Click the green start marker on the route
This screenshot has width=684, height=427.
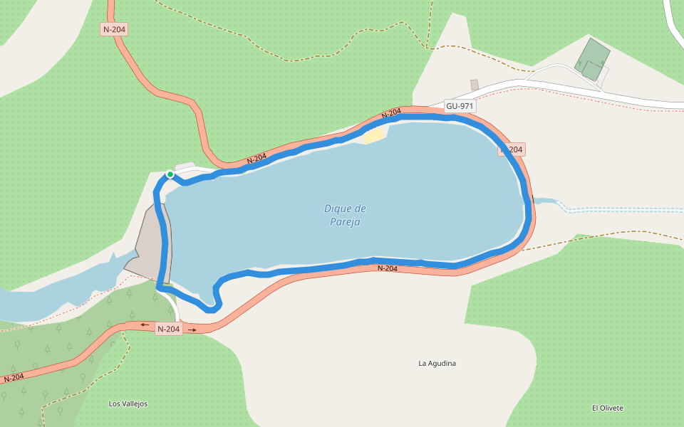click(170, 174)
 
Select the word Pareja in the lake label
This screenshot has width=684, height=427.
click(345, 222)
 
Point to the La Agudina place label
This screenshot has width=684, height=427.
click(437, 364)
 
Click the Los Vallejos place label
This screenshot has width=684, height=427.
click(128, 404)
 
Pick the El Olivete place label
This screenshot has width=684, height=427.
click(607, 408)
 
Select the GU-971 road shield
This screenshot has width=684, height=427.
click(460, 106)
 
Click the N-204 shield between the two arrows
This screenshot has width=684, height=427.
click(169, 329)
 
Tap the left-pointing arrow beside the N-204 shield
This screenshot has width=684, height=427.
click(145, 325)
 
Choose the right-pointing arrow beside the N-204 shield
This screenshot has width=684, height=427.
click(192, 330)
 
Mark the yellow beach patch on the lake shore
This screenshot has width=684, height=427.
click(374, 135)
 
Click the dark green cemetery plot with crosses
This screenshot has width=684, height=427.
click(593, 59)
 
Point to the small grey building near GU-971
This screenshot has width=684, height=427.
click(475, 85)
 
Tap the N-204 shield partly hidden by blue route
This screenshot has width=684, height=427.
click(512, 149)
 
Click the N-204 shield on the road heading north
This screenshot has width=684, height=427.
click(114, 29)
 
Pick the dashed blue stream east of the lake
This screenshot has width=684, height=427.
click(606, 210)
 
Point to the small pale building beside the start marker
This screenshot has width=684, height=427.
click(185, 167)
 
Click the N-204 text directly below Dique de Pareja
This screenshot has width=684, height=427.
click(387, 268)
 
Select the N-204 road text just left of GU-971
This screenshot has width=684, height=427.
click(391, 112)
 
